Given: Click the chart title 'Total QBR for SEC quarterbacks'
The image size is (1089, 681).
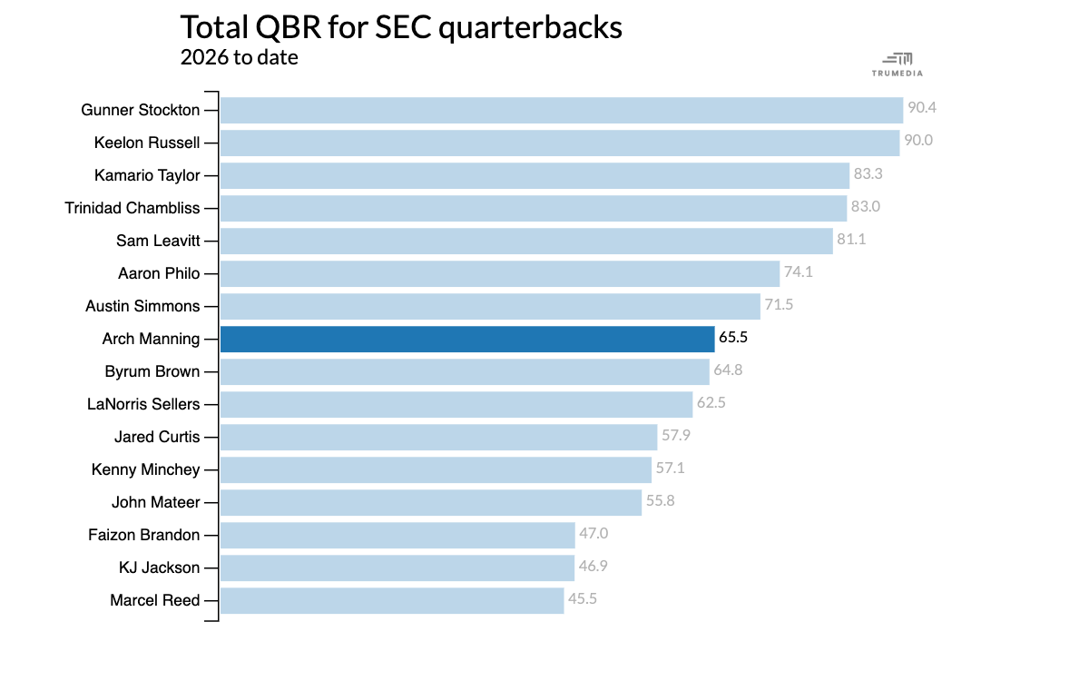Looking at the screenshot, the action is [401, 28].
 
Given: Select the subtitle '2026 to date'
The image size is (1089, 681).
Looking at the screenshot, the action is [240, 57].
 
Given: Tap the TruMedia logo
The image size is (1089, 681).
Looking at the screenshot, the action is [897, 64].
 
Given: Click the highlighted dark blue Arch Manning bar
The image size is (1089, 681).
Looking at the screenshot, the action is [467, 339].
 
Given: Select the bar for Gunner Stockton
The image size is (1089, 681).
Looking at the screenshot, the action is [562, 111].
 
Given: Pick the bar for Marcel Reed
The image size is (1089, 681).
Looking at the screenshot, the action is [392, 601].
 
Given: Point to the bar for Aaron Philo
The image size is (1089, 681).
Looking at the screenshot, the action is [500, 274].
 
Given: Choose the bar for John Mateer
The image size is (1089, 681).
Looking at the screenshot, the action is [431, 502].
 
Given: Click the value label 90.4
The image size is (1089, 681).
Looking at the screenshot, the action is [922, 107].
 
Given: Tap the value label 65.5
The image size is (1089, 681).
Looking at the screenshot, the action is [733, 337].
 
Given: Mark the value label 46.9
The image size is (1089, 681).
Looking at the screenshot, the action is [594, 566].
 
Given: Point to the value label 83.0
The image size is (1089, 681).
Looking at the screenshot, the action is [866, 206].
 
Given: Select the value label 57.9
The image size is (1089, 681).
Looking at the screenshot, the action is [676, 435].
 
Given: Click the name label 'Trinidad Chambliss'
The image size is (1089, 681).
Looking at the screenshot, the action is [132, 208].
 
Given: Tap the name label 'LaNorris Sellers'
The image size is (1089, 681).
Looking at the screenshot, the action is [143, 404].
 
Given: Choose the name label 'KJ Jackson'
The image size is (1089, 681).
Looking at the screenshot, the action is [160, 567].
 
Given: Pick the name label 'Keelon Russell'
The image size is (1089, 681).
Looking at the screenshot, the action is [147, 143].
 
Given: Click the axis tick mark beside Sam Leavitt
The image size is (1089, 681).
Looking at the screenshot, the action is [211, 241].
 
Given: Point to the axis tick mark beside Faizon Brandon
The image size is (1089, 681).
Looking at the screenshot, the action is [211, 535].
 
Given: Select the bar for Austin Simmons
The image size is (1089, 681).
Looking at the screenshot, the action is [491, 307].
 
